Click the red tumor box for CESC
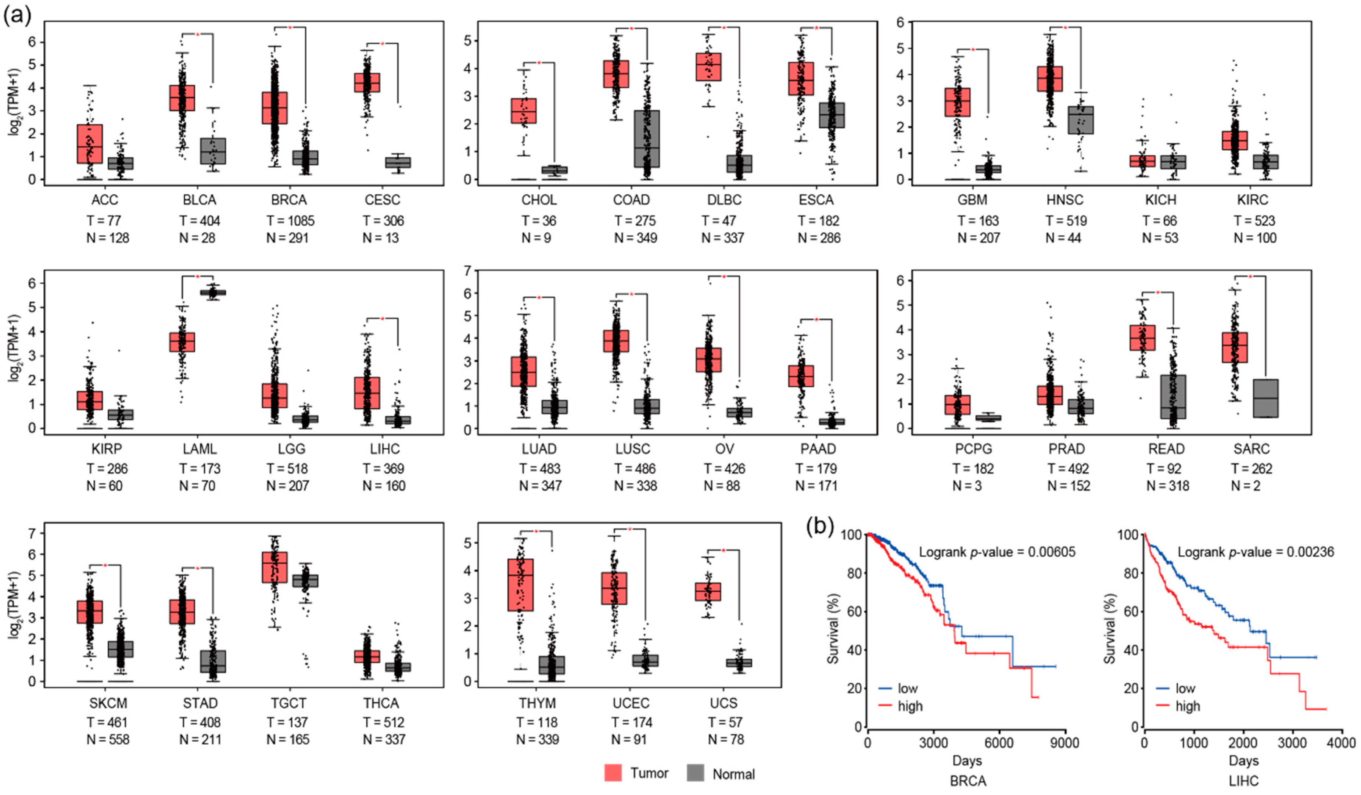click(367, 83)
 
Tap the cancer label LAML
click(199, 449)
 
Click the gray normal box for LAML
click(213, 292)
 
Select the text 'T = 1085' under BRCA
click(290, 221)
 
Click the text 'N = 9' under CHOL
click(536, 238)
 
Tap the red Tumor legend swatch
click(613, 773)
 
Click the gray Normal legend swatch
click(696, 773)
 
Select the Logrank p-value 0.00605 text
click(997, 552)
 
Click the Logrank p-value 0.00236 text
click(1256, 552)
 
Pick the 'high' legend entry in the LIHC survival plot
click(1187, 706)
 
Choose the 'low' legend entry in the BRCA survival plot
click(907, 688)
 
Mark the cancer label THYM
click(537, 703)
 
